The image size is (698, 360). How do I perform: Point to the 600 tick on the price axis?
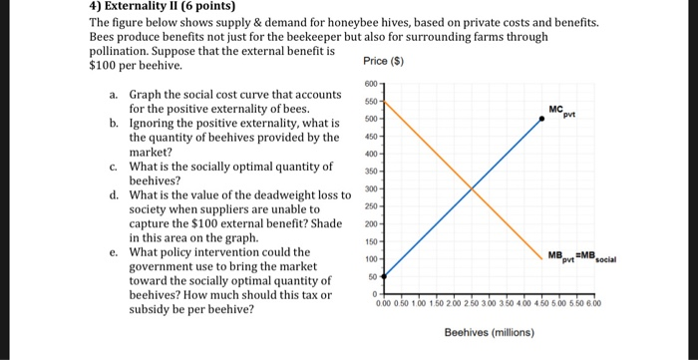click(370, 84)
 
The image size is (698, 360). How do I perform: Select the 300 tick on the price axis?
click(370, 188)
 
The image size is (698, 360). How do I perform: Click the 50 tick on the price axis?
click(373, 276)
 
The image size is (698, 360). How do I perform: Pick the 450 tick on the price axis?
click(370, 136)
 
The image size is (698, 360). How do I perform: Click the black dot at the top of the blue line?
click(542, 118)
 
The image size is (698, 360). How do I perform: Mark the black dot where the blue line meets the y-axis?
click(384, 276)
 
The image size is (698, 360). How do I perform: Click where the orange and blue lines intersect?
click(471, 188)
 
